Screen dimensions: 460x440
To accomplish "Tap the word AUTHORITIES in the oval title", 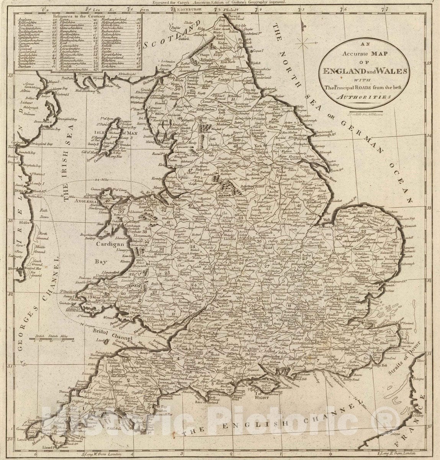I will tap(363, 97).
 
